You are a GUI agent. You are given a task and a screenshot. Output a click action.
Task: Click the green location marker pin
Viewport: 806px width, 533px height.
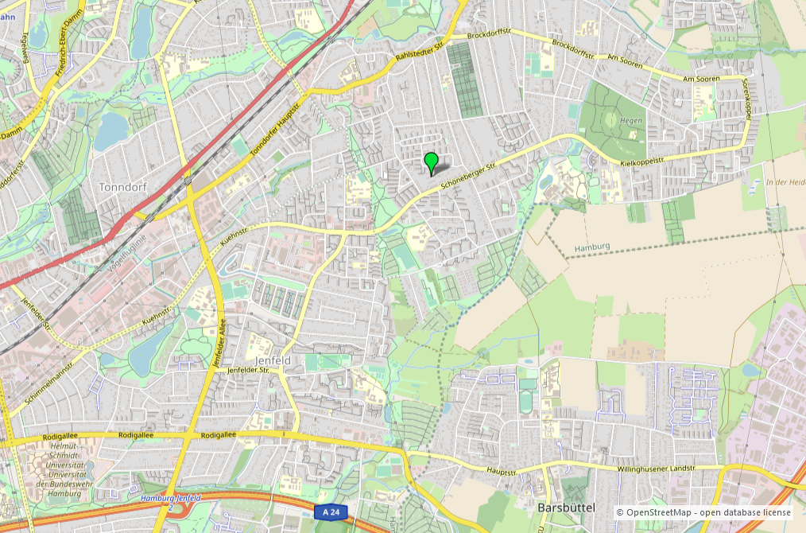pos(431,161)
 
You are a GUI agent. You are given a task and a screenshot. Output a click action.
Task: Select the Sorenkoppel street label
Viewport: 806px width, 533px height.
pos(746,99)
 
